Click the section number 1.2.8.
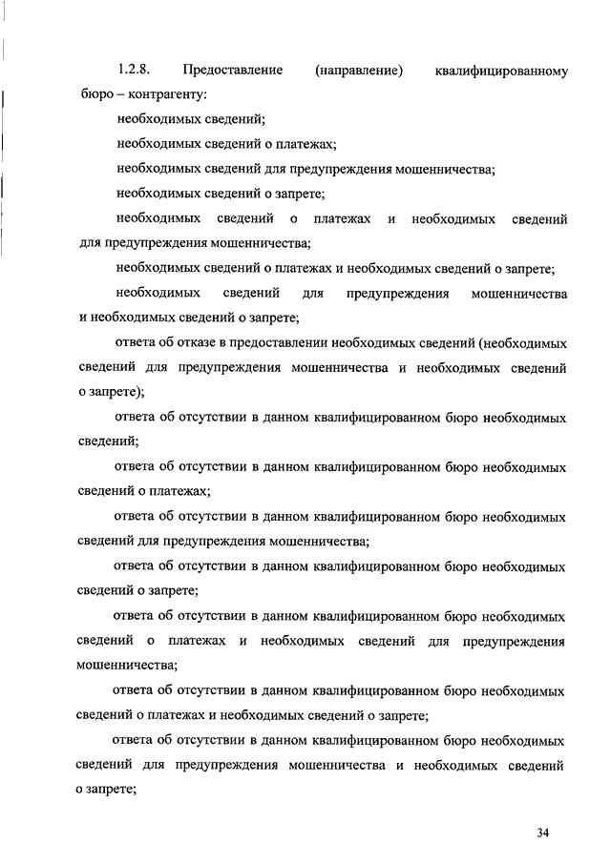point(134,71)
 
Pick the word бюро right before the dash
point(97,95)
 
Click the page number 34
point(543,833)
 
